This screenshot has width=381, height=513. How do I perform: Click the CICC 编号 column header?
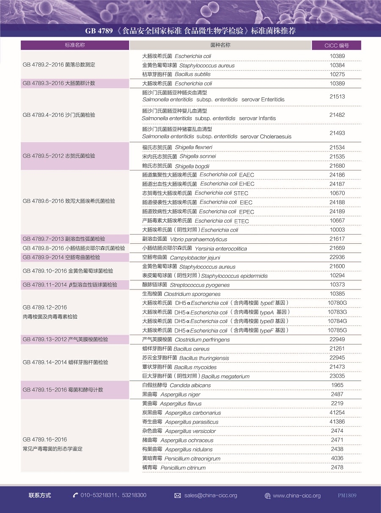point(337,45)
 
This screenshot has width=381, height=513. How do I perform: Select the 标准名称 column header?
point(75,45)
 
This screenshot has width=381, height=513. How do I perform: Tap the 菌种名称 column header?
point(220,45)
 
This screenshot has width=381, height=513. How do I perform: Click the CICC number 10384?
point(337,65)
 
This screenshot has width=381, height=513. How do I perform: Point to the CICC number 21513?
point(337,97)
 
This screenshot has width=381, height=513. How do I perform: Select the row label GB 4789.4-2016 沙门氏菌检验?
point(59,115)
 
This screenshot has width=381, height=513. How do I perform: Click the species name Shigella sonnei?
point(198,157)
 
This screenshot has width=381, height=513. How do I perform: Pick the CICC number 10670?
point(337,193)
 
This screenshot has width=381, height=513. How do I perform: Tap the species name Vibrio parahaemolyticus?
point(199,240)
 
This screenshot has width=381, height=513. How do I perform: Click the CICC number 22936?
point(337,257)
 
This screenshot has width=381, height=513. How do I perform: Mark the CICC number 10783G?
point(337,312)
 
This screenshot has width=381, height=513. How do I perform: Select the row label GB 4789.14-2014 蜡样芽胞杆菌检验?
point(65,362)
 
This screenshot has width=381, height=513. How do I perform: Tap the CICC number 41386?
point(337,422)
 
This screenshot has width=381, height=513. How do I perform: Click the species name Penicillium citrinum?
point(183,468)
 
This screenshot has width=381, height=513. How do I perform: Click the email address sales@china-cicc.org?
point(210,495)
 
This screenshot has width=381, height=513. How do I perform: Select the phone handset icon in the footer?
point(75,495)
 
